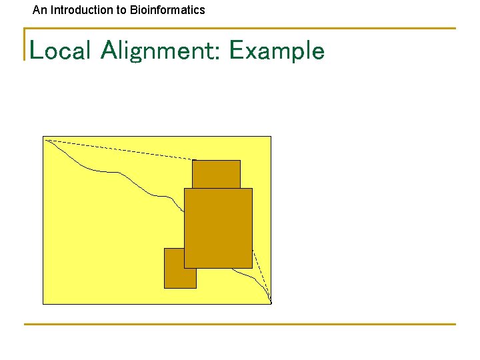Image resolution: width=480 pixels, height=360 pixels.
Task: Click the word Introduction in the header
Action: [77, 10]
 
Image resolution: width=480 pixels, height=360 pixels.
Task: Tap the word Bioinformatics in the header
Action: [167, 10]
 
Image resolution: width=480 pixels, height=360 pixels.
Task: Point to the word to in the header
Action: [121, 10]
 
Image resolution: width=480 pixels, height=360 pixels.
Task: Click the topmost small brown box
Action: [216, 174]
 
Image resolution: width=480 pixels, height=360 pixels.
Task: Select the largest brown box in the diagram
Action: [218, 228]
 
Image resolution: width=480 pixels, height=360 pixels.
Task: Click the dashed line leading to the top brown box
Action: [120, 150]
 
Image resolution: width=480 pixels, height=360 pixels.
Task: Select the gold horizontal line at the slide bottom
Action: [240, 325]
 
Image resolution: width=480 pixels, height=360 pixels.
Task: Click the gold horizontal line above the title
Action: [240, 29]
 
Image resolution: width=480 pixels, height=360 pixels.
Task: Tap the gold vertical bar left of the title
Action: [25, 44]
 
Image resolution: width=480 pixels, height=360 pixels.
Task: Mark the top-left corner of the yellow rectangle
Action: [43, 137]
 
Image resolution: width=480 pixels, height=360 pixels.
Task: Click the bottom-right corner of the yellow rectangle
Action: [271, 304]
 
